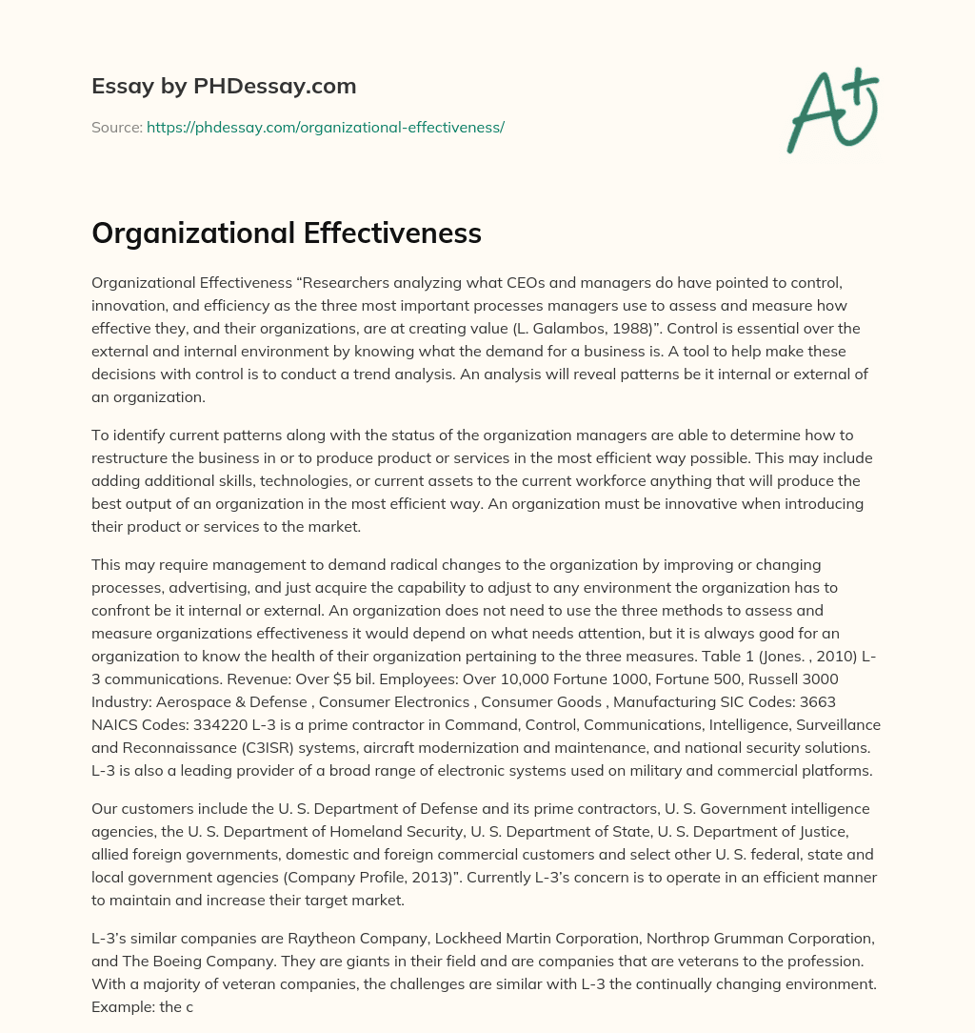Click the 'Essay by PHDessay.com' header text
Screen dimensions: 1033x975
pyautogui.click(x=224, y=87)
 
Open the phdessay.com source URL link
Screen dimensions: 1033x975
pyautogui.click(x=325, y=127)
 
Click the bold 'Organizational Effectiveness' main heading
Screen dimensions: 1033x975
pyautogui.click(x=287, y=233)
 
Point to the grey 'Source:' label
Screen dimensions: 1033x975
pyautogui.click(x=117, y=127)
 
